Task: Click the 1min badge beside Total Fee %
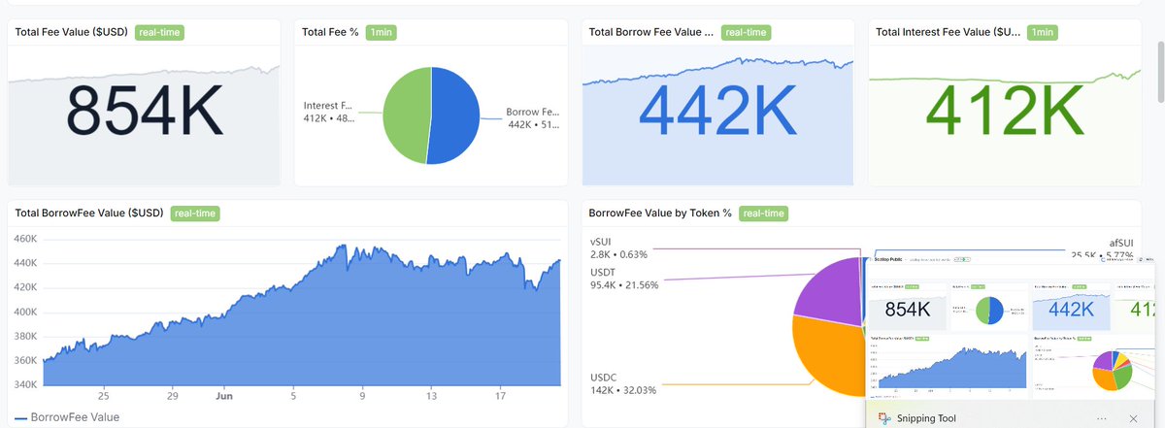pyautogui.click(x=381, y=32)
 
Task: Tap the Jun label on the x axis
pyautogui.click(x=222, y=397)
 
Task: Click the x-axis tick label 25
pyautogui.click(x=103, y=397)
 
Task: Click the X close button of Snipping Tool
pyautogui.click(x=1133, y=417)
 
